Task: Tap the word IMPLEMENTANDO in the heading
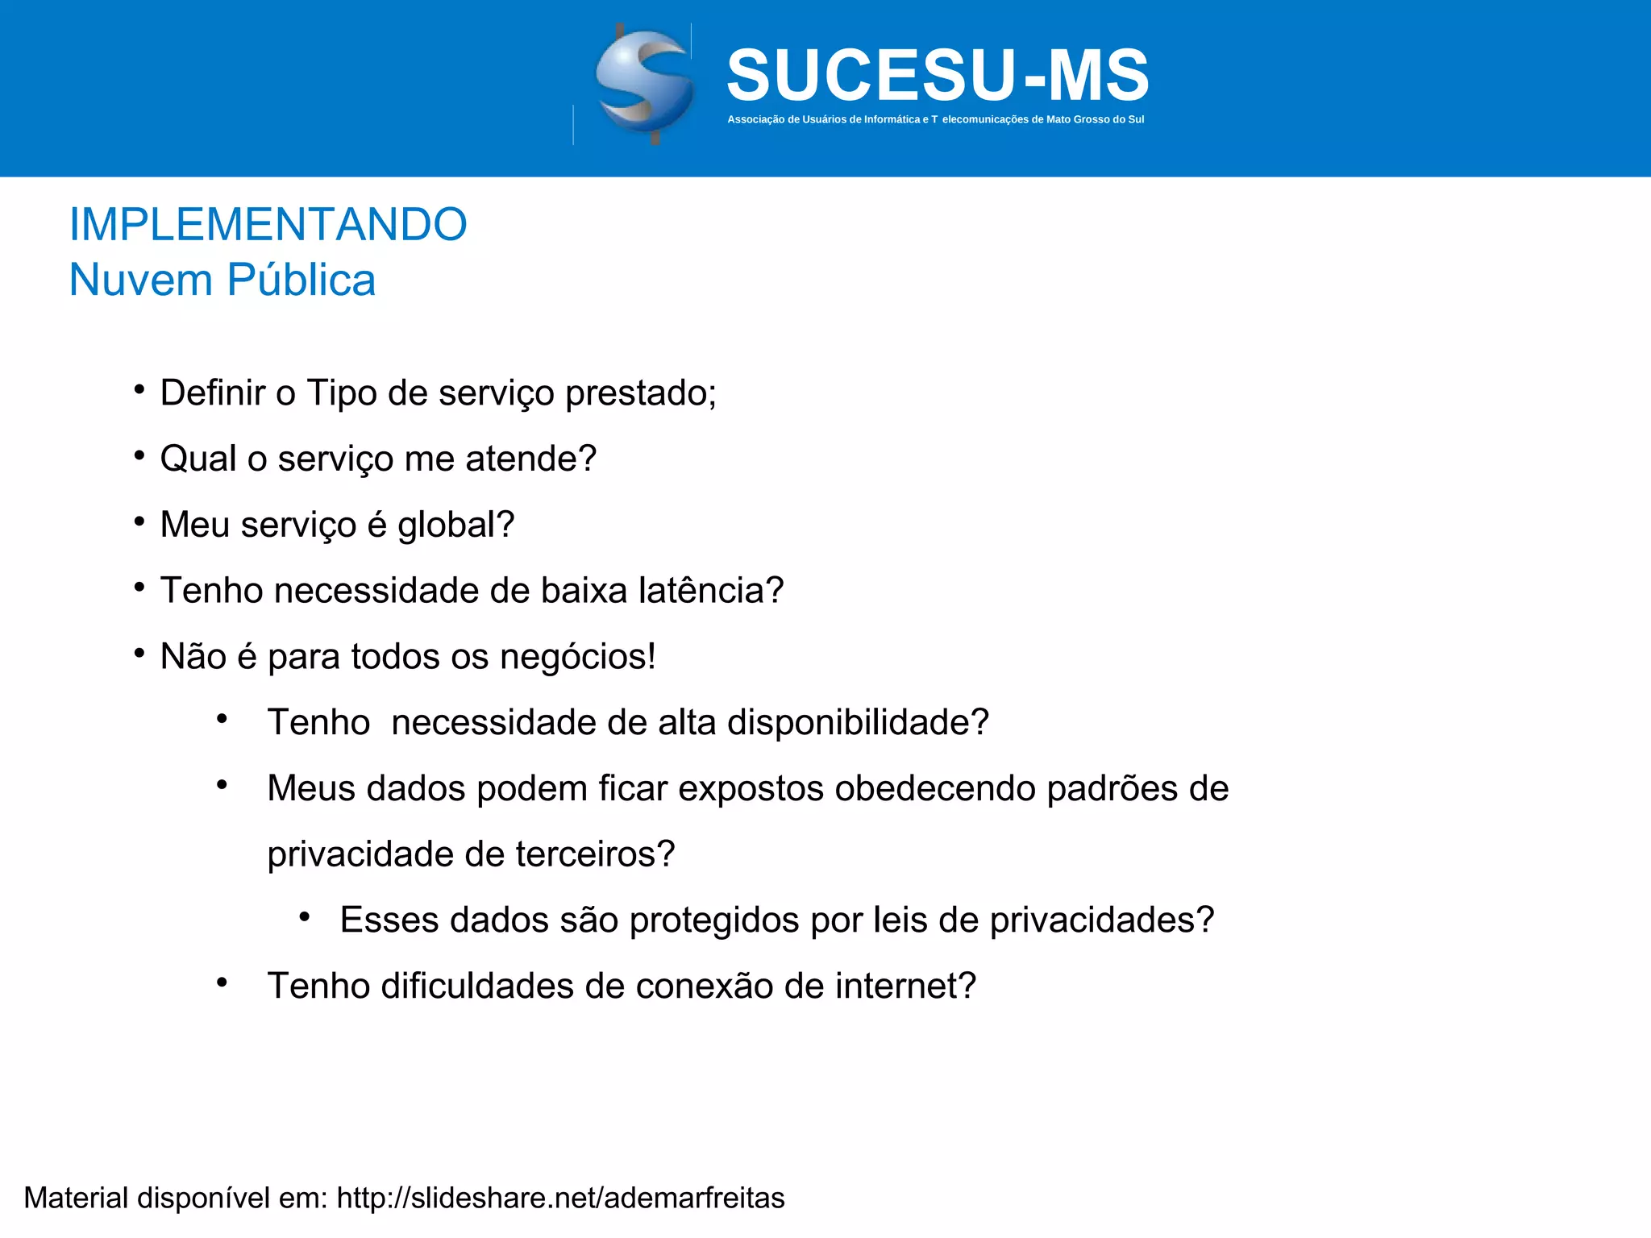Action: pyautogui.click(x=268, y=224)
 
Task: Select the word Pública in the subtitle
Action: pyautogui.click(x=301, y=280)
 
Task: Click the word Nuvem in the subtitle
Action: pyautogui.click(x=141, y=280)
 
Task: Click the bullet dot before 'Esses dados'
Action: pyautogui.click(x=304, y=917)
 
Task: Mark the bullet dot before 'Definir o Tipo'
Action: pyautogui.click(x=139, y=391)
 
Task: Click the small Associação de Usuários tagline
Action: pyautogui.click(x=935, y=119)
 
